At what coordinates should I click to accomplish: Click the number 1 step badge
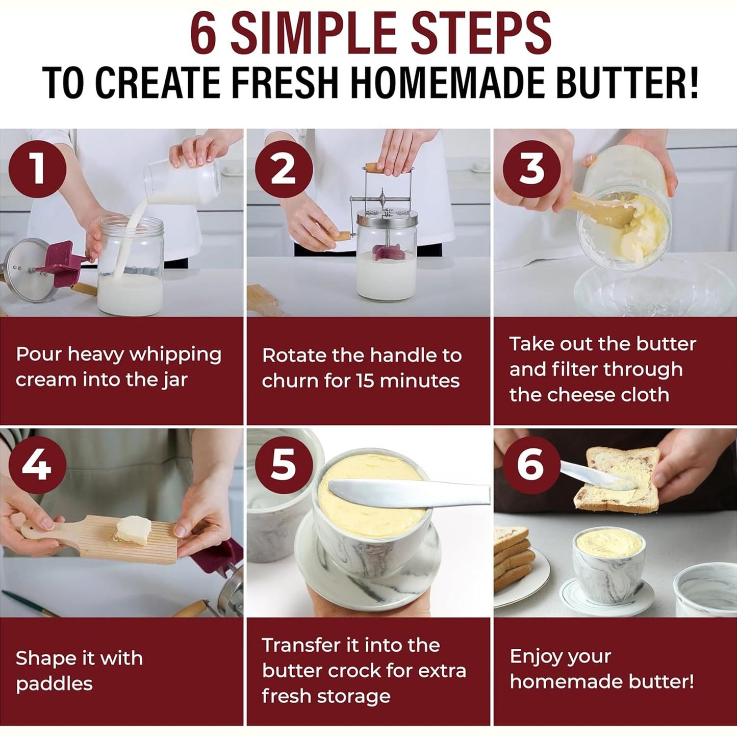(37, 169)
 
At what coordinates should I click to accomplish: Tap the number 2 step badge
(284, 169)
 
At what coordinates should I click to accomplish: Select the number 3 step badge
(531, 169)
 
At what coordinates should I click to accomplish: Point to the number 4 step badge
(37, 465)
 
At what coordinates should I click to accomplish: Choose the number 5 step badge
(284, 465)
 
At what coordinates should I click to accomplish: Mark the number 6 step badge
(531, 465)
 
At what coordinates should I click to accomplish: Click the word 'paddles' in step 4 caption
(54, 684)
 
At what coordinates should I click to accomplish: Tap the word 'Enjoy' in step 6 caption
(534, 656)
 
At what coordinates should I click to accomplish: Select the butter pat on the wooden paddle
(133, 530)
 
